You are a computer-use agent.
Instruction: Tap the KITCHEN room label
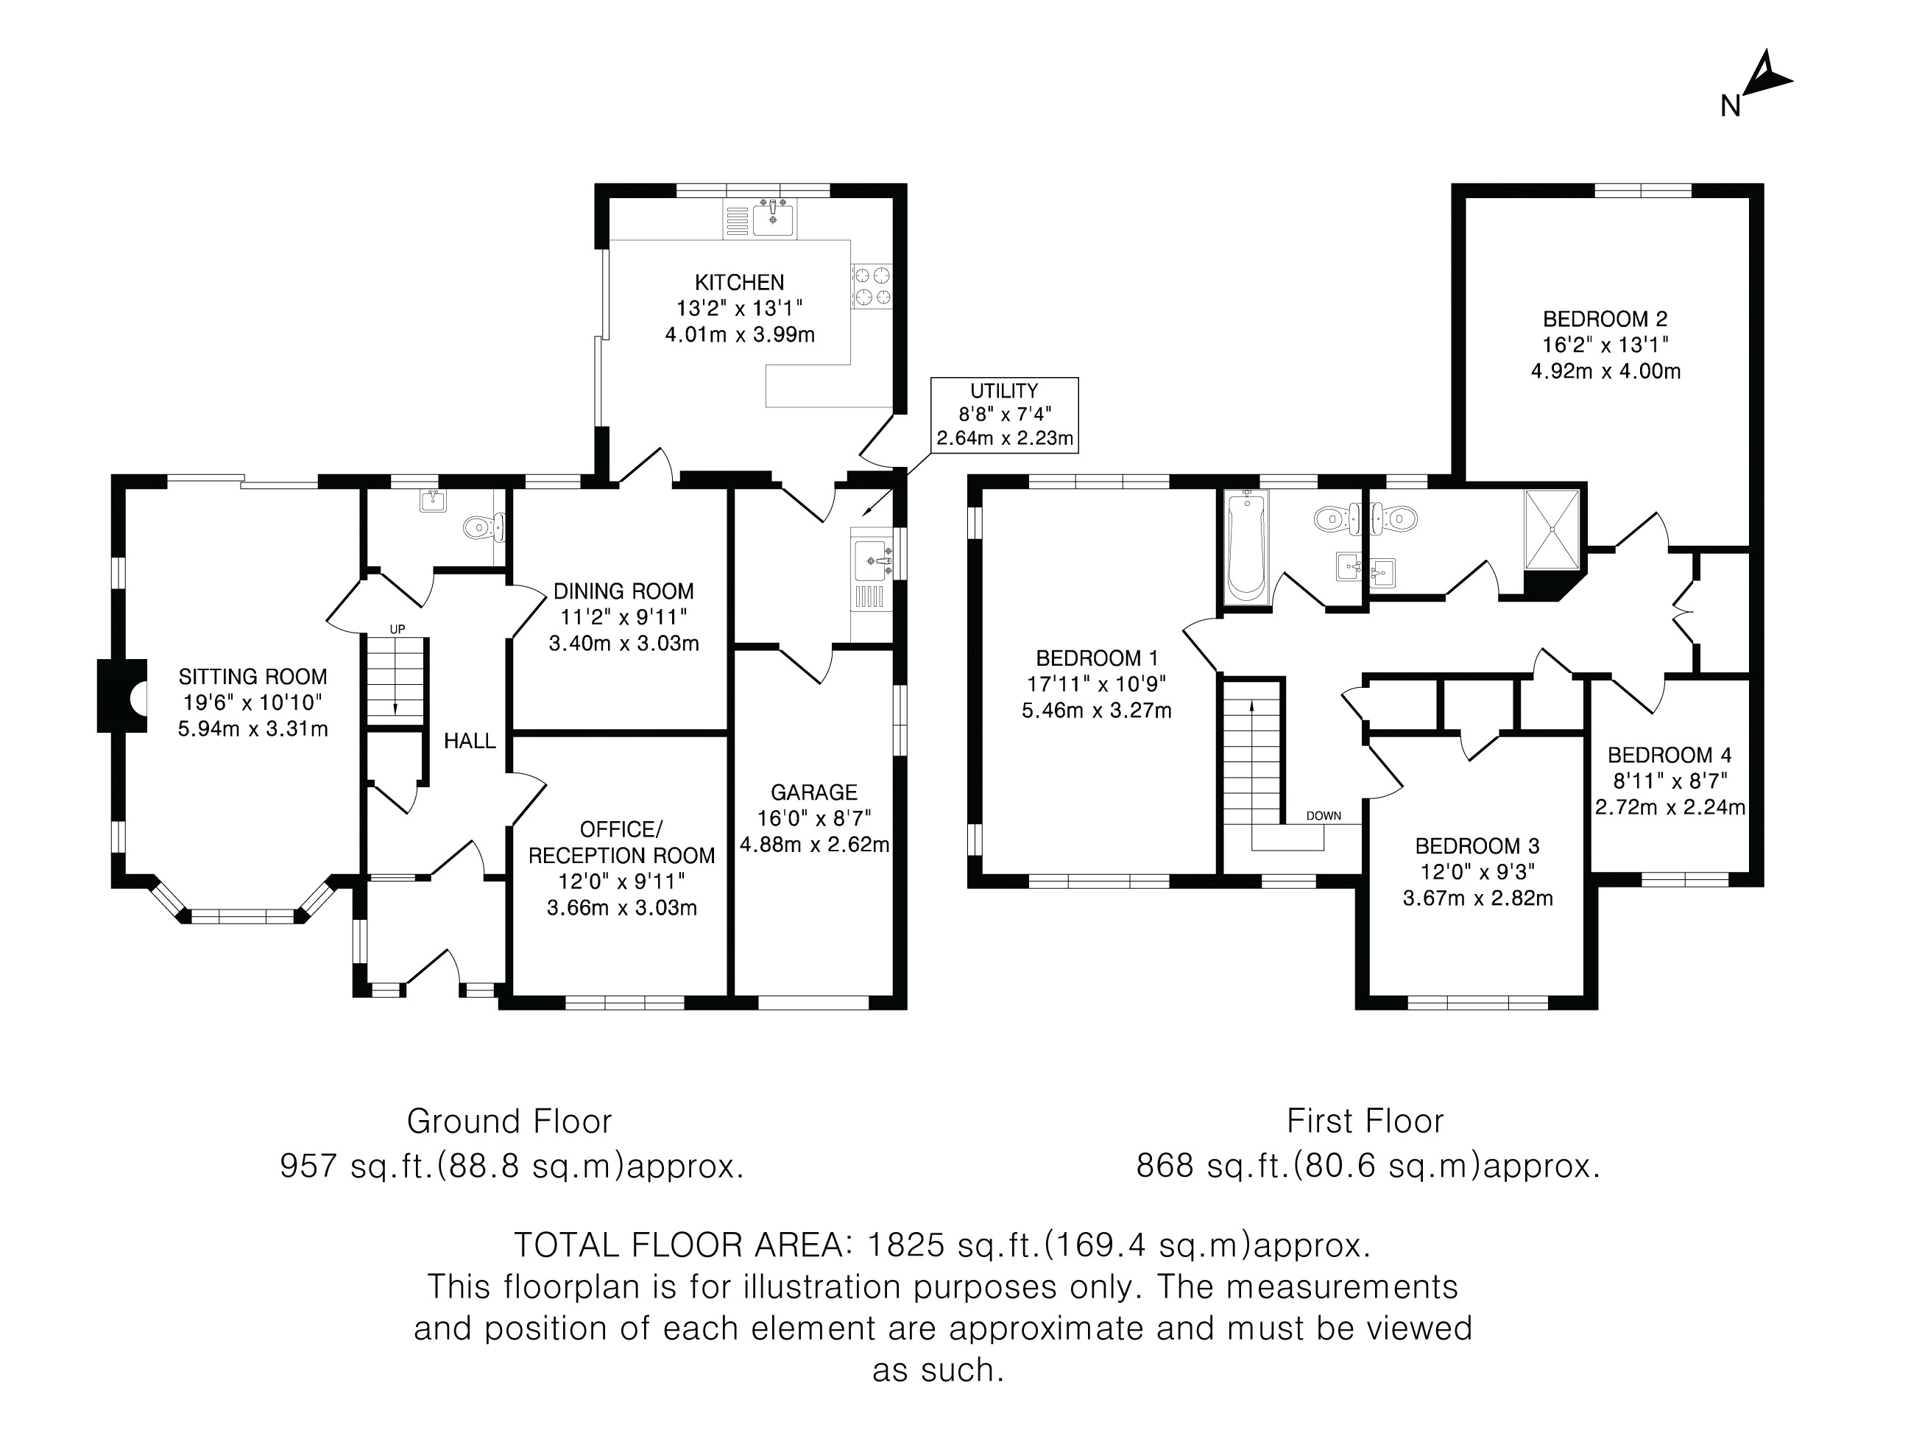[739, 282]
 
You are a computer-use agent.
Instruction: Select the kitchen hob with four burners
[872, 287]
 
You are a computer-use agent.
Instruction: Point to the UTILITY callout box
[1004, 414]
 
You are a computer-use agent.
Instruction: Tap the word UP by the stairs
[397, 629]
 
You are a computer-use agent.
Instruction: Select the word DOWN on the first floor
[1324, 815]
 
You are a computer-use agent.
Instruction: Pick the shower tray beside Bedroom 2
[1552, 529]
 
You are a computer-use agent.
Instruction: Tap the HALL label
[469, 740]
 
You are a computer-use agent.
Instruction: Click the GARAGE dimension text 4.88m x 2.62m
[814, 844]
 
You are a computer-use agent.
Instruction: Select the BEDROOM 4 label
[1669, 755]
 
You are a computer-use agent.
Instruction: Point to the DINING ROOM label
[623, 591]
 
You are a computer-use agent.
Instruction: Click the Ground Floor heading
[509, 1121]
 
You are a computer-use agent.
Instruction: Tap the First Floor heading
[1365, 1121]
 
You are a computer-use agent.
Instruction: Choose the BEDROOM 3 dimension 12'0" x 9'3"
[1477, 871]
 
